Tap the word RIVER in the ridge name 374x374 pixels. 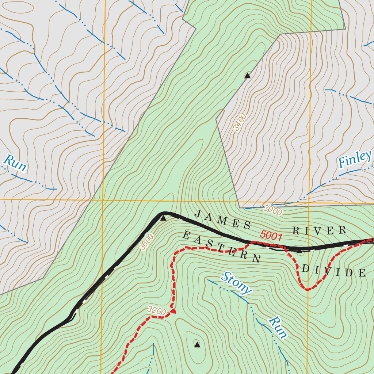(319, 230)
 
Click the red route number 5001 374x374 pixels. (271, 236)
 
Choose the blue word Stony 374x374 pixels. (236, 283)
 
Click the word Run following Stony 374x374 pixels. (277, 327)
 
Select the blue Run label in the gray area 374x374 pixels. (15, 163)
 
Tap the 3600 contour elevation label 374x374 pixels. (146, 242)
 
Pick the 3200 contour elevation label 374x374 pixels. (157, 311)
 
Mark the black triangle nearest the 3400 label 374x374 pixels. (248, 76)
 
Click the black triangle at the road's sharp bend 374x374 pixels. (163, 218)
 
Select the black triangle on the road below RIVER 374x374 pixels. (299, 251)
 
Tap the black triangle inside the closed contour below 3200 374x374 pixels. (197, 344)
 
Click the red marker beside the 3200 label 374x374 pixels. (174, 312)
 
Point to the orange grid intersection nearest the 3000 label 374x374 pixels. (309, 200)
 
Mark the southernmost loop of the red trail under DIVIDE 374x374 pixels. (308, 289)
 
